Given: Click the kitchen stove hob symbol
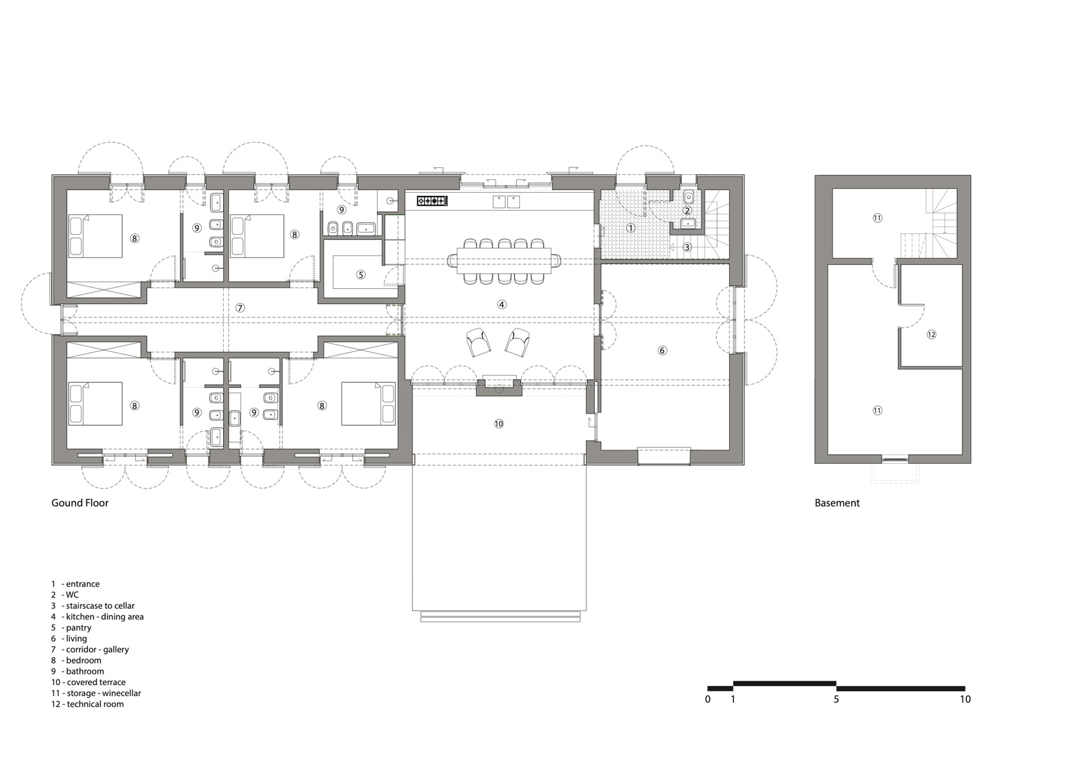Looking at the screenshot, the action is tap(432, 200).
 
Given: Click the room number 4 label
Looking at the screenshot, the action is tap(501, 304).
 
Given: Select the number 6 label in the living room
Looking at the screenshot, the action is tap(662, 351).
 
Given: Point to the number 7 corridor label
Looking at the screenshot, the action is tap(240, 308).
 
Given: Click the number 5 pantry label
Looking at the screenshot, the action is tap(360, 275).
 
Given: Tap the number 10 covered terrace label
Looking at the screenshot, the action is tap(499, 424).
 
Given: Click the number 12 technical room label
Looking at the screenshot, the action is tap(931, 335).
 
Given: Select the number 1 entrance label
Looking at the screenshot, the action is tap(630, 227).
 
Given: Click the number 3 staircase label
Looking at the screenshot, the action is tap(687, 247).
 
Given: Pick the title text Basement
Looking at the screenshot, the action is tap(837, 503).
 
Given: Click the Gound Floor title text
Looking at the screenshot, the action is tap(80, 503).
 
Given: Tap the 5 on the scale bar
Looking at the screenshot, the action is tap(836, 699).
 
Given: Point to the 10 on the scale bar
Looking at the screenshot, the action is tap(965, 699).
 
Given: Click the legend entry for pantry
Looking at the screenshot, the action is tap(71, 627).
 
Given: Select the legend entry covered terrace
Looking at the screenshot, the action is tap(88, 682).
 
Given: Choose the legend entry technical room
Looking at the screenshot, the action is tap(87, 704).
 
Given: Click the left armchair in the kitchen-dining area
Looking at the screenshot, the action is tap(479, 342).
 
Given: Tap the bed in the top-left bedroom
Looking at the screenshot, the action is tap(95, 236).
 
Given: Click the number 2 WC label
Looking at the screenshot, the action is tap(687, 211).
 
